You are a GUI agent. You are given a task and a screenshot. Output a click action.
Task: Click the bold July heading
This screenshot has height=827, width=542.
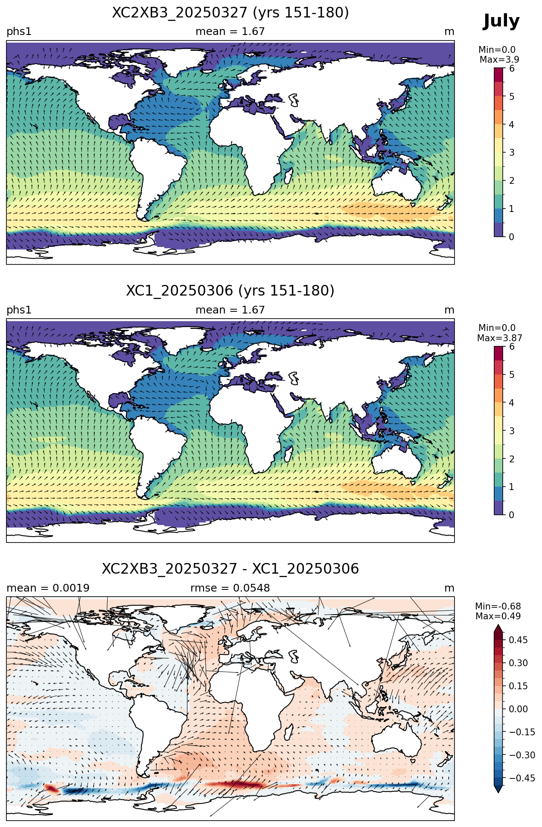(x=501, y=21)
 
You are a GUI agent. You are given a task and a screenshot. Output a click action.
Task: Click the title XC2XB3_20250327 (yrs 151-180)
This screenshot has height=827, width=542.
(x=230, y=13)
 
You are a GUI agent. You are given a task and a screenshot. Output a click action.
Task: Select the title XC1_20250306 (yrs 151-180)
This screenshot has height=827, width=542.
(x=230, y=291)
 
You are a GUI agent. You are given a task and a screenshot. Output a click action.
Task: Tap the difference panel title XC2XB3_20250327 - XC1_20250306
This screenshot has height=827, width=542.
(x=230, y=569)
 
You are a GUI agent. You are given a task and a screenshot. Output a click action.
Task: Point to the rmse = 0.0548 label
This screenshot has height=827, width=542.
(x=230, y=588)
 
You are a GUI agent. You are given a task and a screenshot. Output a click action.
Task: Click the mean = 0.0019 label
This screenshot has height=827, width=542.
(x=48, y=588)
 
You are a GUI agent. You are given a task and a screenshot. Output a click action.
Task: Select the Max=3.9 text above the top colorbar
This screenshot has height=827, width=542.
(x=499, y=60)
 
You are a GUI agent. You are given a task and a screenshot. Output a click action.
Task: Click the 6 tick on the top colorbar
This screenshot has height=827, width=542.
(x=512, y=69)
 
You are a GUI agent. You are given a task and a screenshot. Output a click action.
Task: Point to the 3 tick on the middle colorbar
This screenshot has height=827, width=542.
(x=512, y=431)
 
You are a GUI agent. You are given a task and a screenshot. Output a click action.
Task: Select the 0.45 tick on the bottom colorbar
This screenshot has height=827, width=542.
(x=519, y=640)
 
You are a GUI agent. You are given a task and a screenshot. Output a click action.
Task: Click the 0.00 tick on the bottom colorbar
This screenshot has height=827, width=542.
(x=519, y=709)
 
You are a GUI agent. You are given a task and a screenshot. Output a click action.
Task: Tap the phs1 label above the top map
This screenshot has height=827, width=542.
(x=19, y=32)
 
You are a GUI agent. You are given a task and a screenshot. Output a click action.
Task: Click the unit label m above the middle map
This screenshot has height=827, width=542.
(x=449, y=310)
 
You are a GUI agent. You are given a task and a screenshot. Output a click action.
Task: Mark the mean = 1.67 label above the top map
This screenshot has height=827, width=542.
(x=230, y=32)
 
